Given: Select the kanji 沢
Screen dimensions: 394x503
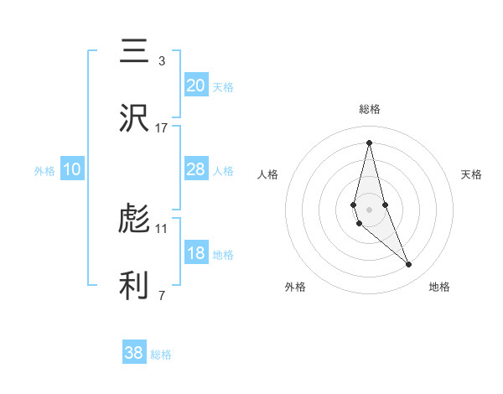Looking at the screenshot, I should click(x=135, y=118).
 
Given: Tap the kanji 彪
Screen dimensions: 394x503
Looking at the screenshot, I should click(x=135, y=220).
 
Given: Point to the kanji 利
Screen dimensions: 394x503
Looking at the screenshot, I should click(x=135, y=286).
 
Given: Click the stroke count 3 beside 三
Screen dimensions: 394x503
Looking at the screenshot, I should click(x=161, y=61).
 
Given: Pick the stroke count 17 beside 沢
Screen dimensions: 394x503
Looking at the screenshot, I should click(x=161, y=127).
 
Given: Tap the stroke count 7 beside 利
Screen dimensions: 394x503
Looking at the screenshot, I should click(x=161, y=295).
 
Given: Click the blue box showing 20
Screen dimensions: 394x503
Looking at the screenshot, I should click(x=195, y=85).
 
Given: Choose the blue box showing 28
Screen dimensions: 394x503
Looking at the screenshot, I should click(x=195, y=168).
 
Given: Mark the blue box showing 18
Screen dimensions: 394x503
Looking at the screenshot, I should click(x=195, y=253).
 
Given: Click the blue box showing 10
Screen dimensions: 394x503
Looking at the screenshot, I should click(x=72, y=169).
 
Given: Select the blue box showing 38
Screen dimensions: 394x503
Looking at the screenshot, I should click(x=133, y=353).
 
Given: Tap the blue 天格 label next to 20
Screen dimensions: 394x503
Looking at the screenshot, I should click(x=223, y=87).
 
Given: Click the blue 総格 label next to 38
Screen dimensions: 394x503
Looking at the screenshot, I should click(x=161, y=355).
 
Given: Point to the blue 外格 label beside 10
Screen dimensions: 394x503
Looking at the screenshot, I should click(x=44, y=171).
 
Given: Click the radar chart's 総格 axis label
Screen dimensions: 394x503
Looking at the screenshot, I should click(x=370, y=109).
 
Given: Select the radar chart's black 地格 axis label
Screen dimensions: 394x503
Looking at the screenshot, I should click(x=439, y=287).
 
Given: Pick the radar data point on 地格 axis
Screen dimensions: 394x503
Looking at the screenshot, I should click(x=409, y=265).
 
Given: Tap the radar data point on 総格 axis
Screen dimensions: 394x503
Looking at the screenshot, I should click(x=369, y=143).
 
